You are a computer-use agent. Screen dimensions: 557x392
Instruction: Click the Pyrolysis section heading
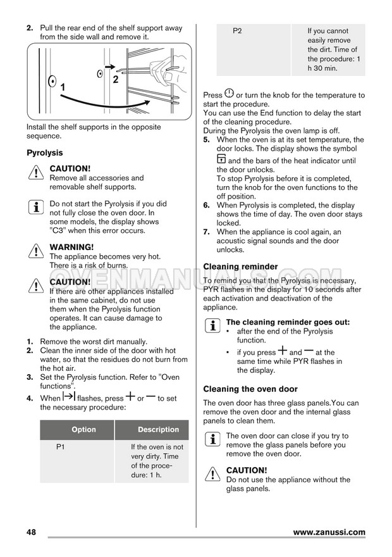(44, 153)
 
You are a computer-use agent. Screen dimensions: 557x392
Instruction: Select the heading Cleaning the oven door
(250, 389)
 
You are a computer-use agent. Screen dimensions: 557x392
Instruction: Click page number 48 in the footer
(32, 532)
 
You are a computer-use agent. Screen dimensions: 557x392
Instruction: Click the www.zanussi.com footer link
(329, 532)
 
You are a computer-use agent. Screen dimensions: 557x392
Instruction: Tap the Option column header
(83, 430)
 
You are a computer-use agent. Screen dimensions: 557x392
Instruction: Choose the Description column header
(158, 430)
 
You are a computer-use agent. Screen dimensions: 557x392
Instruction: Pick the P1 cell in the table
(61, 447)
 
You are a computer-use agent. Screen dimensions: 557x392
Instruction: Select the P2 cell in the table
(237, 31)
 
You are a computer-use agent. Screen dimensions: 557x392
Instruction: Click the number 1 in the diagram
(63, 86)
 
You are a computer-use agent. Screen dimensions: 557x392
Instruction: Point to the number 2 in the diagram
(116, 80)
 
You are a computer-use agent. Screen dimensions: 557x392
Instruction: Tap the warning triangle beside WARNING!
(35, 252)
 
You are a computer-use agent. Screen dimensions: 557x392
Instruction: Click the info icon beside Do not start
(35, 208)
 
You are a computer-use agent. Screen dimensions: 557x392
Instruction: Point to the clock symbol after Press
(229, 94)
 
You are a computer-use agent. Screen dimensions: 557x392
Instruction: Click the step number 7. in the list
(207, 232)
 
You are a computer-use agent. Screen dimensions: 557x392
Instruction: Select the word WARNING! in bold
(71, 247)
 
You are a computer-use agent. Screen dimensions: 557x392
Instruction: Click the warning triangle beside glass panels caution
(212, 475)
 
